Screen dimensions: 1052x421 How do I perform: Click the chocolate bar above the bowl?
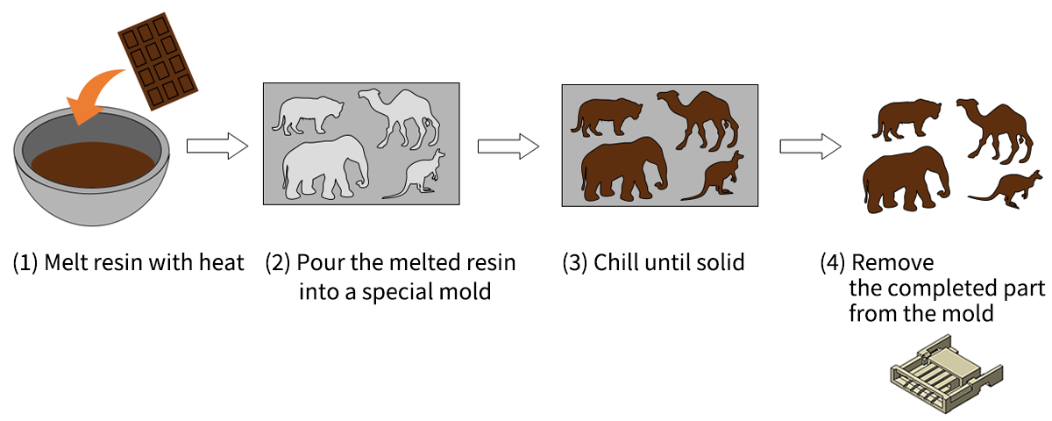pos(158,61)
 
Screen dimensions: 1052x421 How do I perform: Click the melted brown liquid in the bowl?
pos(93,165)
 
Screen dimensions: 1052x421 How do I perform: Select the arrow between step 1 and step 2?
pos(217,146)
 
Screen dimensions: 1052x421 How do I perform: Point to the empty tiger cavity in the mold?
pos(308,116)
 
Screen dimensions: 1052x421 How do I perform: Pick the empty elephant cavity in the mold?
pos(324,168)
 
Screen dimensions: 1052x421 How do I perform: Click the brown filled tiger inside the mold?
pos(607,118)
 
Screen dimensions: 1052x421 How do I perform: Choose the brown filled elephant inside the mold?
pos(623,170)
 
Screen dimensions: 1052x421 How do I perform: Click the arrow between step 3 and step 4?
pos(810,146)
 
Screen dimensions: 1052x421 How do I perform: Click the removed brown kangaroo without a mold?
pos(1005,189)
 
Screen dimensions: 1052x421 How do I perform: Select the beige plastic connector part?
pos(946,375)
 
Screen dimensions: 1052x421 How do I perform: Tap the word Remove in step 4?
pos(892,262)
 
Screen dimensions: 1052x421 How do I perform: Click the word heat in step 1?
pos(221,262)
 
